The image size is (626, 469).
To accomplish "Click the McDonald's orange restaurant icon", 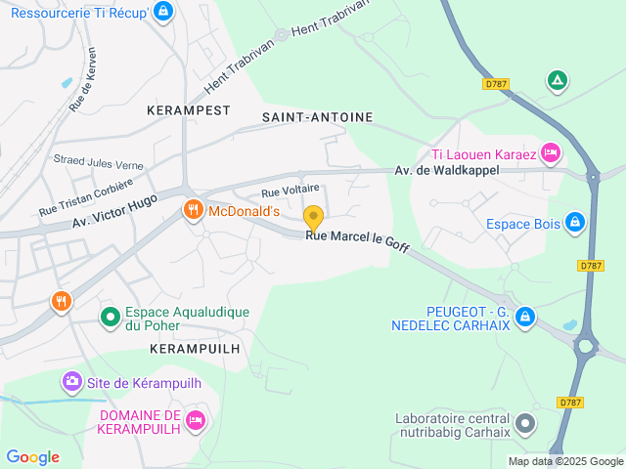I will (x=194, y=210).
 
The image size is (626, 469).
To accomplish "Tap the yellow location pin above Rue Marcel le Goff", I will (x=313, y=217).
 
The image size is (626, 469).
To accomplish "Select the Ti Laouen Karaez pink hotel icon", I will (x=551, y=153).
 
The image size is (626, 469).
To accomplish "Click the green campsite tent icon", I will (x=557, y=81).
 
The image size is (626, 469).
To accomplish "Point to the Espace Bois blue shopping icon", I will (x=576, y=224).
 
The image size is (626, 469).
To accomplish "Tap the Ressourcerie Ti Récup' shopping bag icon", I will (x=163, y=13).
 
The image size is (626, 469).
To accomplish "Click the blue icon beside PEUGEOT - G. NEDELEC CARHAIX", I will (x=525, y=317).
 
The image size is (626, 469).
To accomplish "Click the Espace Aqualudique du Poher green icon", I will (x=112, y=316).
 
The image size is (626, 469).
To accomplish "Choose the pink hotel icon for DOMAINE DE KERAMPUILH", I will (x=196, y=420).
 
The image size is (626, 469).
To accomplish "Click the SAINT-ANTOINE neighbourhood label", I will (x=318, y=117).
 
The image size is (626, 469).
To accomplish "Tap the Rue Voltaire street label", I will (x=290, y=190).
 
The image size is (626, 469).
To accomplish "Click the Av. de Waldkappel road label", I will (x=447, y=170).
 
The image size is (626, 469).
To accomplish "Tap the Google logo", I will (x=32, y=457).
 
